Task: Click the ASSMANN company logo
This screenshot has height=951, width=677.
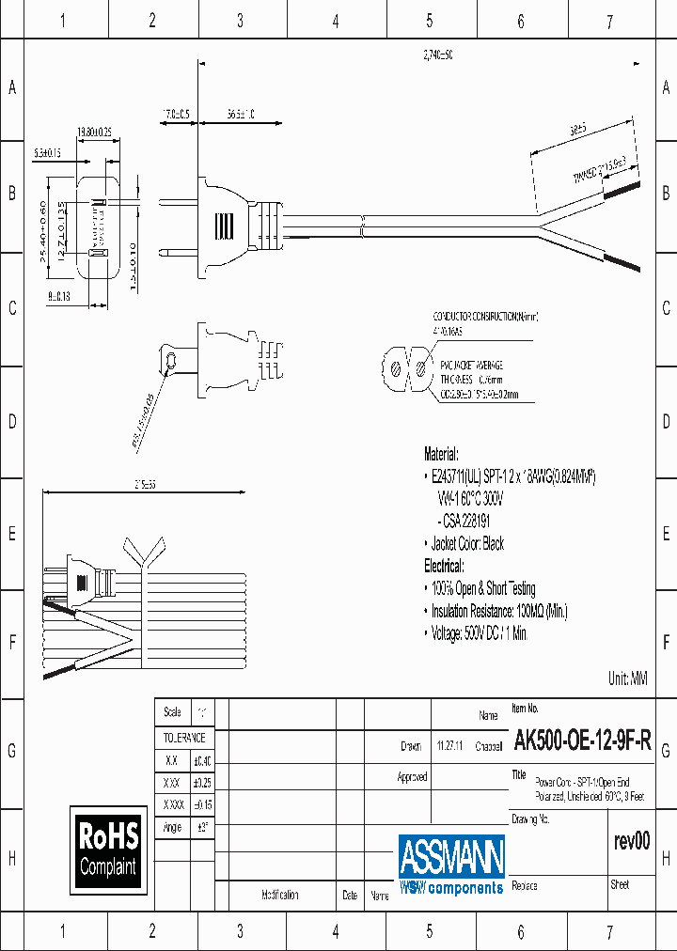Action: click(451, 864)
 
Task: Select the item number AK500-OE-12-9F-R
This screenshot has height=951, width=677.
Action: click(582, 743)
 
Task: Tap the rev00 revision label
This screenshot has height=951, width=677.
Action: click(631, 841)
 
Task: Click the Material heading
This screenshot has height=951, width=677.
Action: click(442, 452)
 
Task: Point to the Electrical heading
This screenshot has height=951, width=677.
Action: click(444, 566)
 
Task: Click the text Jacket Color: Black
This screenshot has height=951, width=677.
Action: click(467, 543)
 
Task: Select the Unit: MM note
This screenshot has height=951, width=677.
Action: click(628, 678)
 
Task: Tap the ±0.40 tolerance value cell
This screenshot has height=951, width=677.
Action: click(202, 761)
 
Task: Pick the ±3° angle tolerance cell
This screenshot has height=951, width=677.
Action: click(202, 828)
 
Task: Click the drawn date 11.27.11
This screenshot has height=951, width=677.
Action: click(448, 746)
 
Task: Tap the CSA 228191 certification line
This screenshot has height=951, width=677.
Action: click(464, 521)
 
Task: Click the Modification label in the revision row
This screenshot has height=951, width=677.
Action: click(280, 896)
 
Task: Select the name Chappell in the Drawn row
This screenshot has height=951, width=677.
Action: click(489, 746)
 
